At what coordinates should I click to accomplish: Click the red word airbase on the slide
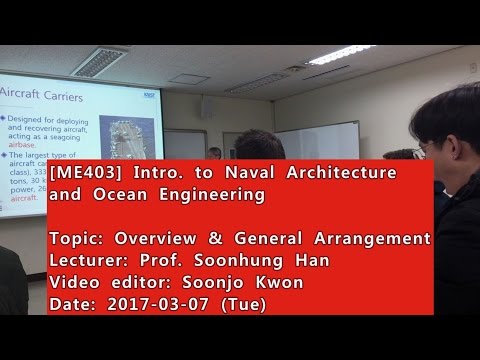19,143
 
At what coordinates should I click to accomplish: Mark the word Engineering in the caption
211,195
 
